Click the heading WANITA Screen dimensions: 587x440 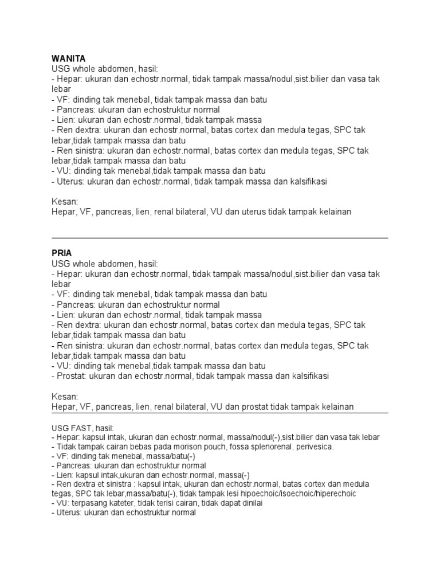(68, 58)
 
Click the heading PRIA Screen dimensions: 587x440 (61, 253)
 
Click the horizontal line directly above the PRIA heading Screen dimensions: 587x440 (219, 237)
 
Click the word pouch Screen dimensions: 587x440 (195, 447)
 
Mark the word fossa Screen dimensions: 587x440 (221, 447)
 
